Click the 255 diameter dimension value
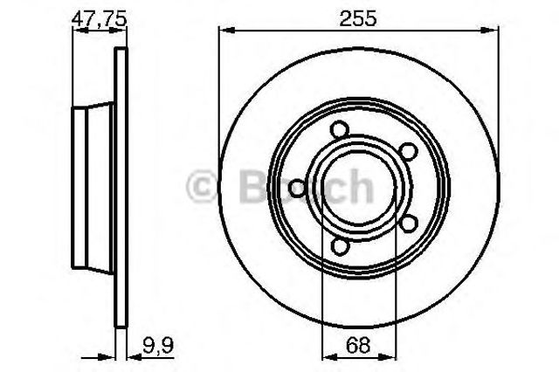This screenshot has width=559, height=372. [357, 18]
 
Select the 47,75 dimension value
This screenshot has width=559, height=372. [100, 18]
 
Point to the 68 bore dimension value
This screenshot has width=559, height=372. [358, 345]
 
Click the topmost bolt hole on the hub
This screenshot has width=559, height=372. [339, 129]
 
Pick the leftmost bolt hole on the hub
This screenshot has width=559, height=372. [297, 189]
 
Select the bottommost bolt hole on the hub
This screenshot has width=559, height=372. [340, 246]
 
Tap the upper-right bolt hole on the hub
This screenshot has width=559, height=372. [408, 151]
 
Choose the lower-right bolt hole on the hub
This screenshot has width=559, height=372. [408, 224]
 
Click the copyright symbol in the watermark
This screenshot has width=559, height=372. [202, 186]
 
